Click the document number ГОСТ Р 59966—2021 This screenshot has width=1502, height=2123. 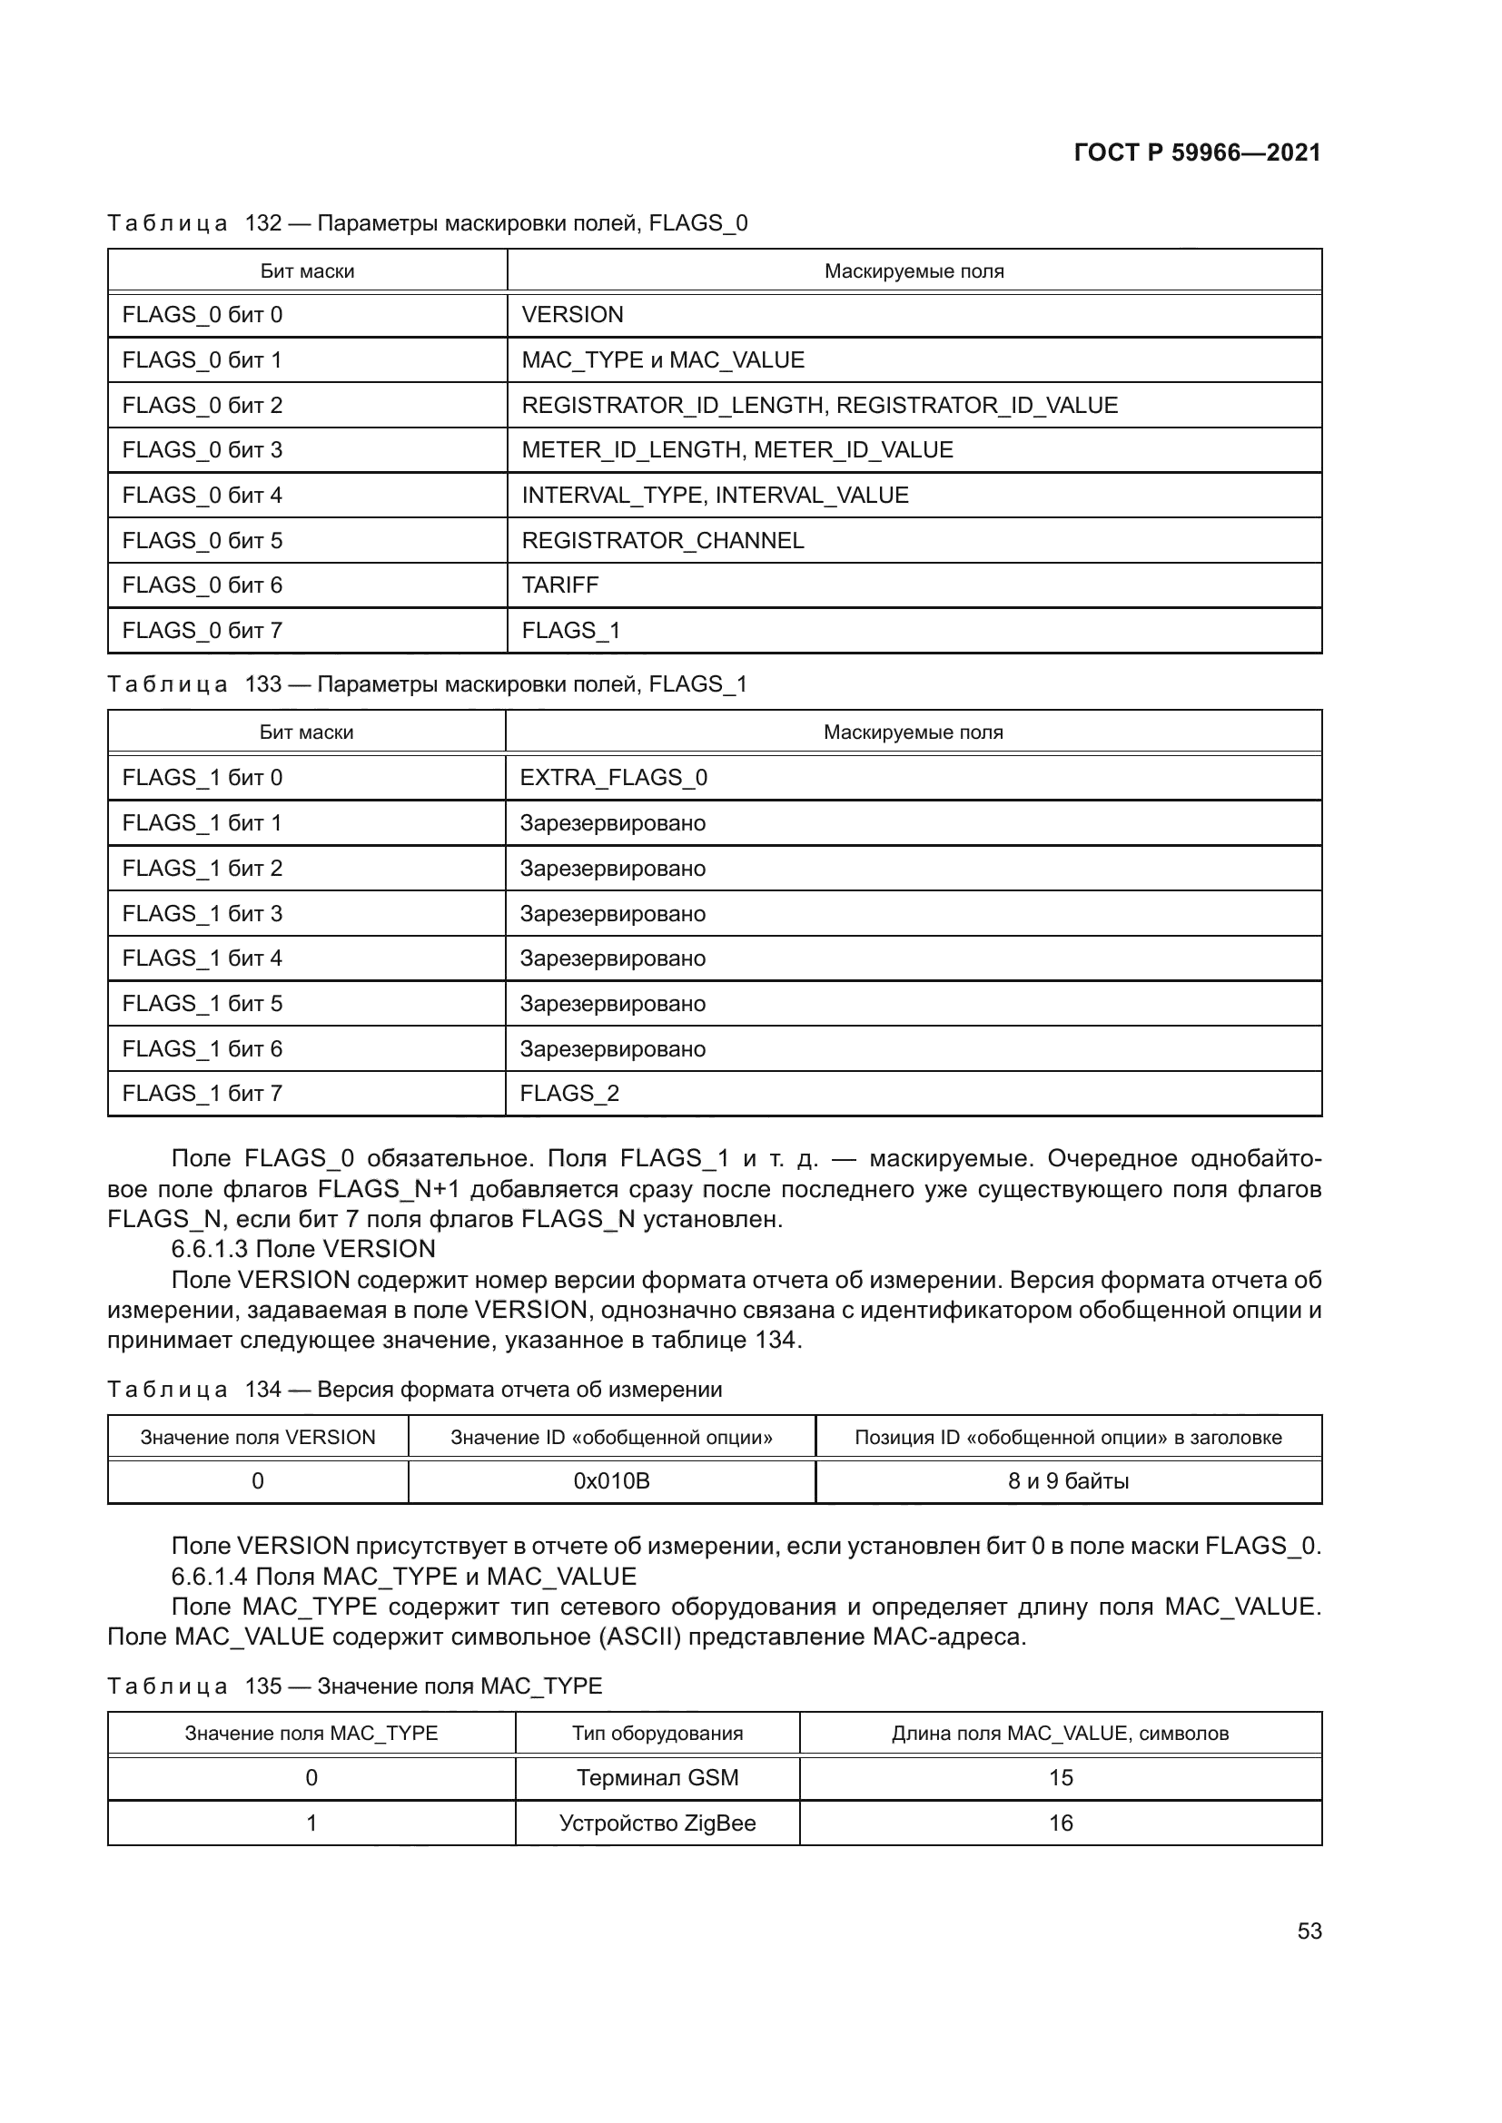pyautogui.click(x=1197, y=152)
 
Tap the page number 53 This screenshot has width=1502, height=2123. pyautogui.click(x=1309, y=1931)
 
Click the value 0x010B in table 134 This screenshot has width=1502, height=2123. pyautogui.click(x=611, y=1480)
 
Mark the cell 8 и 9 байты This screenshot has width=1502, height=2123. pyautogui.click(x=1068, y=1480)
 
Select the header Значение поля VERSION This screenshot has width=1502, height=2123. pyautogui.click(x=257, y=1437)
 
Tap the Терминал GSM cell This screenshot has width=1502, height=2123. pyautogui.click(x=657, y=1777)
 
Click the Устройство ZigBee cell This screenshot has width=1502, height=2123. pyautogui.click(x=657, y=1823)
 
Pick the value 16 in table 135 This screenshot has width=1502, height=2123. pyautogui.click(x=1060, y=1823)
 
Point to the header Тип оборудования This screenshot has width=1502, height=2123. pyautogui.click(x=657, y=1733)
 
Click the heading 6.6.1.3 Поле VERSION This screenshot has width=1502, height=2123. pyautogui.click(x=302, y=1248)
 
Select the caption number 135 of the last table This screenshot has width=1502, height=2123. pyautogui.click(x=262, y=1686)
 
